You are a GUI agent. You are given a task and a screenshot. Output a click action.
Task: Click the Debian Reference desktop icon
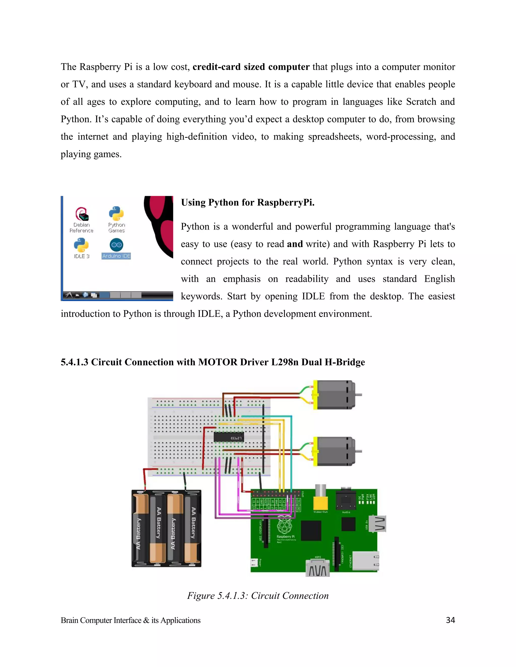[x=81, y=214]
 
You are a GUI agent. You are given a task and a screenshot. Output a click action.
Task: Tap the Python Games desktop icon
[x=116, y=214]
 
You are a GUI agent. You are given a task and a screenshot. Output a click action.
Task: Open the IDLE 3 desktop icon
[x=81, y=245]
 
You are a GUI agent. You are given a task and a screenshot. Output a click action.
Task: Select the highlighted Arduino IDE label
[x=116, y=256]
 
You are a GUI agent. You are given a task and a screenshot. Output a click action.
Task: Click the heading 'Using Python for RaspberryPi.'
[x=248, y=202]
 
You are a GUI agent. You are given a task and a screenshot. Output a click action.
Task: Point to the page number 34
[x=450, y=620]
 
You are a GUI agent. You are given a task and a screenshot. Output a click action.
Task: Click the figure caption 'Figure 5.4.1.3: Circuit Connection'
[x=258, y=596]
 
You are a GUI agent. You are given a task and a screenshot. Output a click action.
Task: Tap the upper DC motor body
[x=335, y=395]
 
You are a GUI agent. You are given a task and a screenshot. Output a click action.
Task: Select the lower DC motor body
[x=335, y=451]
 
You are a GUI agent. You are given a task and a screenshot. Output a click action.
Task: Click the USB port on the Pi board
[x=378, y=524]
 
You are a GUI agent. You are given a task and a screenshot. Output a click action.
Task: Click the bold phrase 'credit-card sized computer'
[x=251, y=67]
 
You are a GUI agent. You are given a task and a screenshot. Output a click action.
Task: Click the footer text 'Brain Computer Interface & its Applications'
[x=131, y=620]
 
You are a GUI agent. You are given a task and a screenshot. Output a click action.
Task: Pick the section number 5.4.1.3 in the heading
[x=74, y=362]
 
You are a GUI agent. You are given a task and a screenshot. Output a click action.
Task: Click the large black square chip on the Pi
[x=311, y=531]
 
